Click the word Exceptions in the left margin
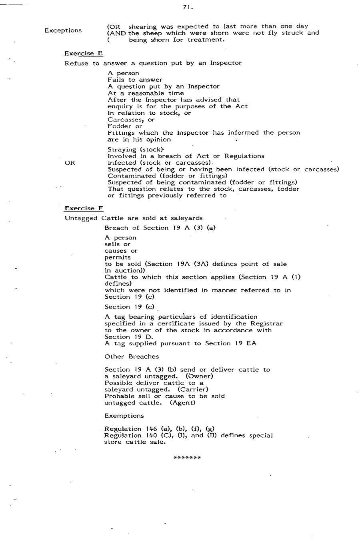tap(63, 31)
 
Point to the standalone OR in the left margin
tap(70, 163)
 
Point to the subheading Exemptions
tap(124, 416)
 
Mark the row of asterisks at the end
tap(187, 457)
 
